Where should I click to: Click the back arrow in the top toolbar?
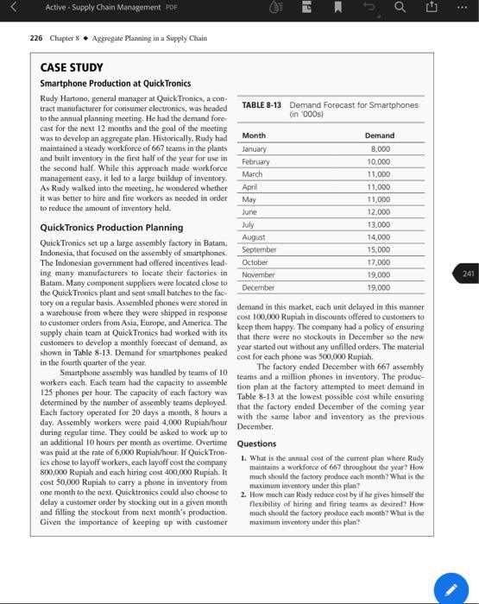(x=11, y=9)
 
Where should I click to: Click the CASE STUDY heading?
(x=72, y=67)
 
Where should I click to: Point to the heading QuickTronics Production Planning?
(x=111, y=228)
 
